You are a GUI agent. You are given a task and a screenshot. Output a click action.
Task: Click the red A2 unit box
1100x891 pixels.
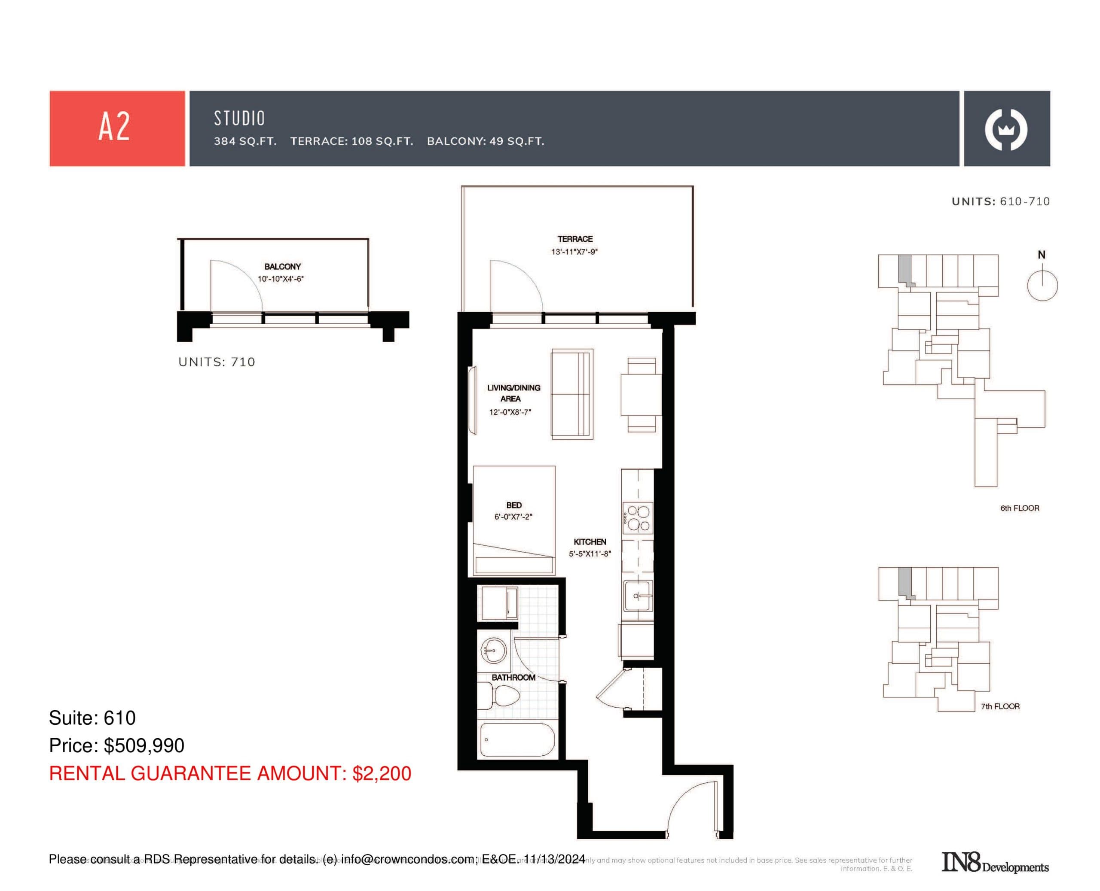click(x=117, y=128)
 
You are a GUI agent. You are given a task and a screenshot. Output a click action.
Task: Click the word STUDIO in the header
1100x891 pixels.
click(x=239, y=119)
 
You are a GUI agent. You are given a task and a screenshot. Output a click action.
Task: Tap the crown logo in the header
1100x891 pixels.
click(x=1005, y=129)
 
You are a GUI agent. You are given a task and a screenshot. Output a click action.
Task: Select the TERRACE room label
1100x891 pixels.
click(x=574, y=239)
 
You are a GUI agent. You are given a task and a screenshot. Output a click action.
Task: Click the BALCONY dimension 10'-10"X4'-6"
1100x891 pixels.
click(x=281, y=279)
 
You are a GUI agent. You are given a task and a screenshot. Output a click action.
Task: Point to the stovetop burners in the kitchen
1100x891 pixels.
click(x=638, y=518)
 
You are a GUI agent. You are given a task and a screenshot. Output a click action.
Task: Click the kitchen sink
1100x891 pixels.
click(x=638, y=596)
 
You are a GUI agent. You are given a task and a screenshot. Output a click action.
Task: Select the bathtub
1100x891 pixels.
click(x=516, y=739)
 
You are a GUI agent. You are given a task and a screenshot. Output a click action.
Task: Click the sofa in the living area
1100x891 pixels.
click(x=571, y=394)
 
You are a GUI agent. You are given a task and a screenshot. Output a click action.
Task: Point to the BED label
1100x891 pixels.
click(x=513, y=505)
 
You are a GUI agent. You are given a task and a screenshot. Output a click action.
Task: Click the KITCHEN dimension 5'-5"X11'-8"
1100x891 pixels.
click(x=590, y=554)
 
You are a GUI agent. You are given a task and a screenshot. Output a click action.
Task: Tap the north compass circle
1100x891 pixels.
click(x=1042, y=286)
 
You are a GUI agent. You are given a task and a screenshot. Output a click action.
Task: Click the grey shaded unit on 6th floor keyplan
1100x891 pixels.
click(x=905, y=269)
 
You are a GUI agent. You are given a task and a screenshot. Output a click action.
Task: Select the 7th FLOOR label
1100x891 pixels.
click(x=1000, y=706)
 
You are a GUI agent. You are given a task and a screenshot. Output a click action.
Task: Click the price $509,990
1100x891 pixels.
click(x=144, y=745)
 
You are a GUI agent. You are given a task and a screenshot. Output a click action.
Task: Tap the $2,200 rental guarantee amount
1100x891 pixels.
click(x=382, y=773)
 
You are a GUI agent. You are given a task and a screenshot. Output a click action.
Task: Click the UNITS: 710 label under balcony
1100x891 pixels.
click(x=216, y=362)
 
